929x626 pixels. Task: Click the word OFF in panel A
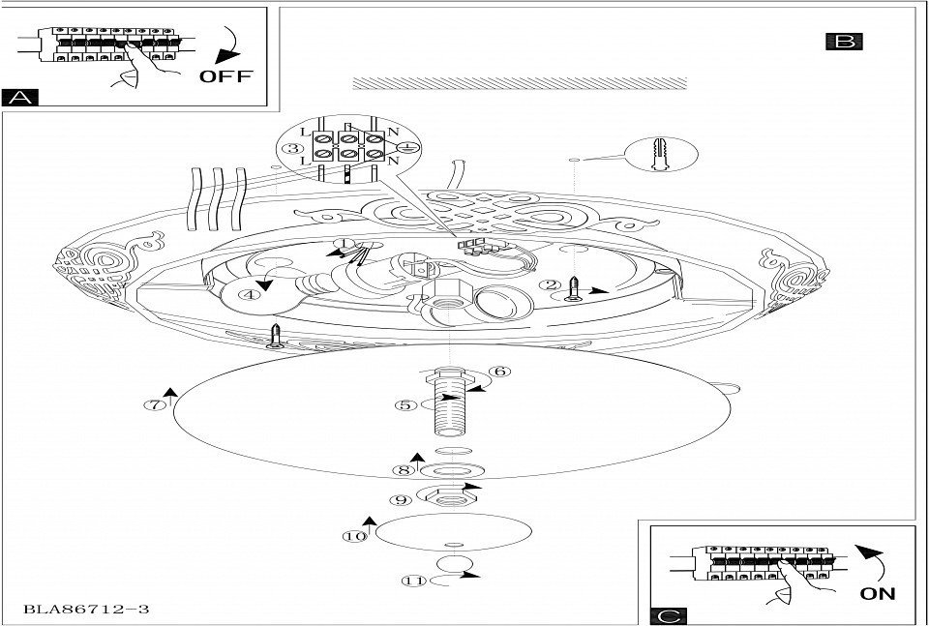[225, 75]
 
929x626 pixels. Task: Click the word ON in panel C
[878, 592]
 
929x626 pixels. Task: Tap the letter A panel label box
[19, 97]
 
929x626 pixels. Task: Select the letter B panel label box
[844, 41]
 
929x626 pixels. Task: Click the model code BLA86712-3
[86, 610]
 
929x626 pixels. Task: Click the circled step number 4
[250, 295]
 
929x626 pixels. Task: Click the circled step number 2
[551, 284]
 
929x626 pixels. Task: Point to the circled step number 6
[500, 371]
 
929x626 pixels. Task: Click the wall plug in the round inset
[661, 153]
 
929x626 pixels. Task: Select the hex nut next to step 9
[447, 496]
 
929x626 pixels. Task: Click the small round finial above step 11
[452, 563]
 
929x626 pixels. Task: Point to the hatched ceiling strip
[519, 83]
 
